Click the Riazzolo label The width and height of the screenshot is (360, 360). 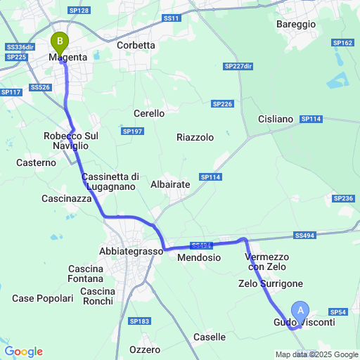(195, 138)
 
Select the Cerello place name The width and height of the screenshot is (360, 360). (149, 113)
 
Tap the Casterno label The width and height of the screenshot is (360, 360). (35, 162)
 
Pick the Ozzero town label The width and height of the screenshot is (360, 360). (145, 349)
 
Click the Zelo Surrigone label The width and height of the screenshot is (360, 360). (271, 283)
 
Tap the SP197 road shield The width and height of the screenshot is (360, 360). (132, 131)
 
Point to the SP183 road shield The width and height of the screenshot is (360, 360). (139, 321)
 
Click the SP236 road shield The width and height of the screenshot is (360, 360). (344, 199)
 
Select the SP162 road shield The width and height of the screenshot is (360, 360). (343, 43)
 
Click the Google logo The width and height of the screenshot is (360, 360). (23, 351)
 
